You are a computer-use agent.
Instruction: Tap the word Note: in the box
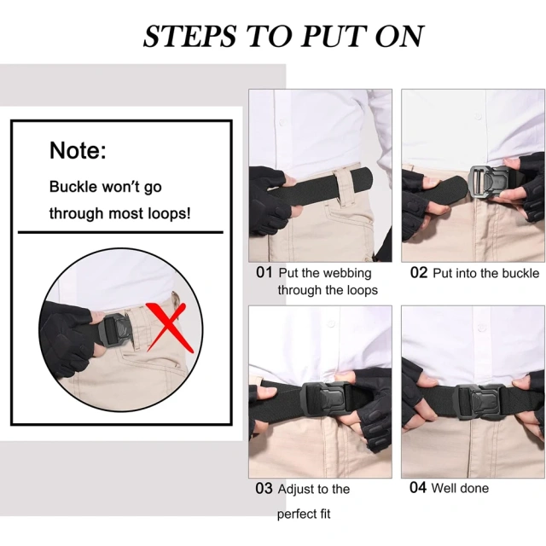click(x=78, y=151)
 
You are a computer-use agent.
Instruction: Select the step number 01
click(x=264, y=273)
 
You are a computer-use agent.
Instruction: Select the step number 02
click(x=418, y=273)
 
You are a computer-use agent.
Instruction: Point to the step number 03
click(x=264, y=489)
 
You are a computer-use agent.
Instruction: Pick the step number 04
click(x=417, y=488)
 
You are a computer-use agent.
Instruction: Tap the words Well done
click(x=461, y=488)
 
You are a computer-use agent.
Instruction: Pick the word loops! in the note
click(x=167, y=213)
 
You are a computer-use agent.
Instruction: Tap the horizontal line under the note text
click(x=120, y=232)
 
